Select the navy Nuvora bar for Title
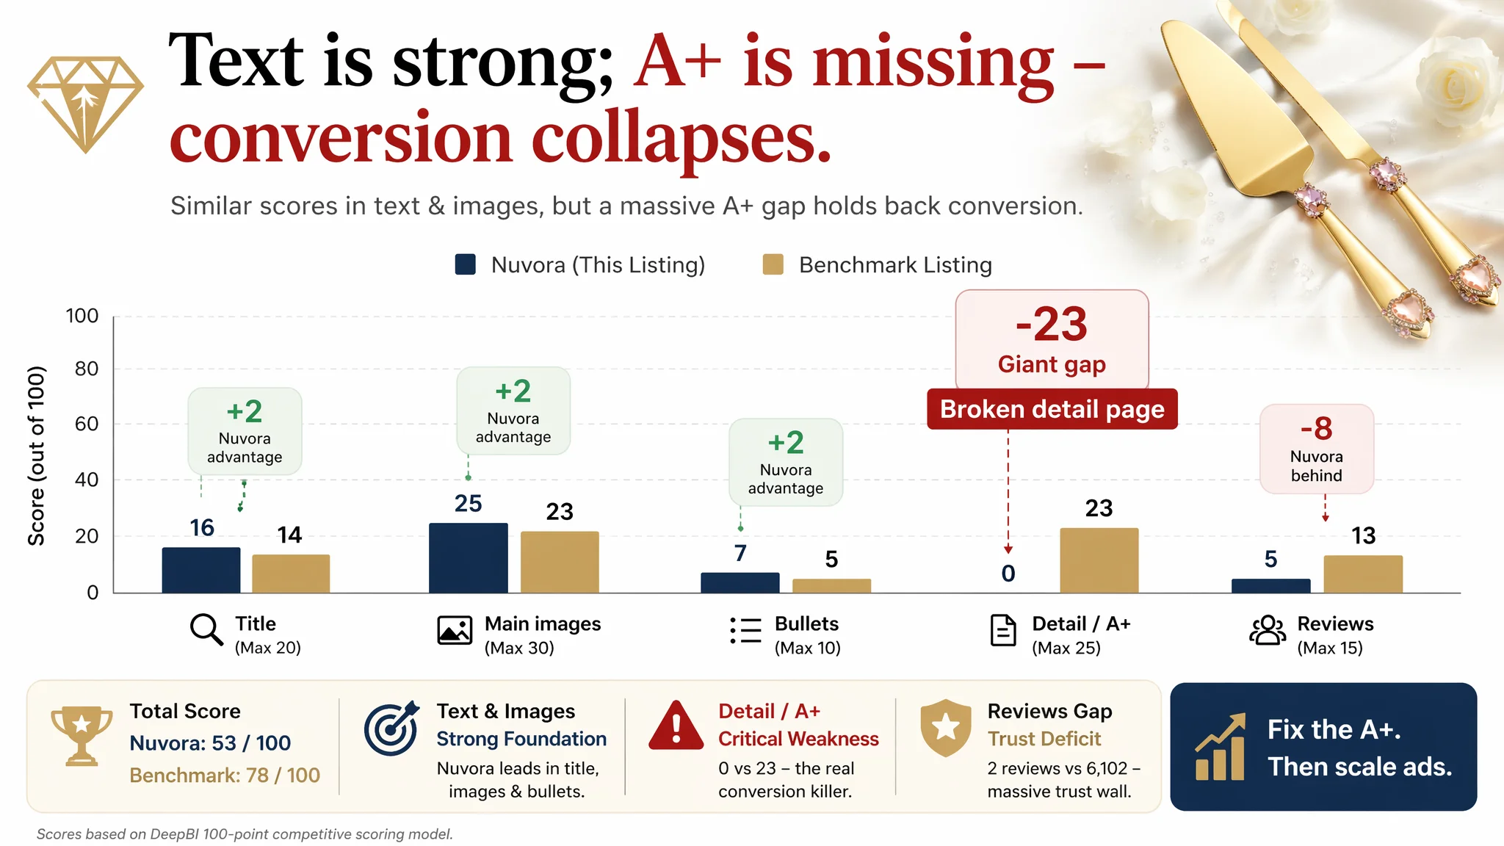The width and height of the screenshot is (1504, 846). tap(201, 570)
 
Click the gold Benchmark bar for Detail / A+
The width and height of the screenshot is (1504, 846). tap(1099, 560)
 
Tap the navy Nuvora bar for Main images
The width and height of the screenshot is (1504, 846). tap(469, 558)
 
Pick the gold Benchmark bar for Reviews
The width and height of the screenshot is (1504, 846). tap(1363, 574)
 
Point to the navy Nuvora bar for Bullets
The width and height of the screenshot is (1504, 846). tap(740, 583)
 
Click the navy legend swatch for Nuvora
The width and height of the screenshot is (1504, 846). tap(466, 264)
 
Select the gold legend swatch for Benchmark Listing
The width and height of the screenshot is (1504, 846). tap(773, 264)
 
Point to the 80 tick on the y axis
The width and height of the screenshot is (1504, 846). tap(87, 369)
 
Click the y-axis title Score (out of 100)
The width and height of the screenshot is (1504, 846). tap(36, 455)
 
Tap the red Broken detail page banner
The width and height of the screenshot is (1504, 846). tap(1052, 409)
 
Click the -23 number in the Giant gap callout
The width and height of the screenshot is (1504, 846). tap(1052, 324)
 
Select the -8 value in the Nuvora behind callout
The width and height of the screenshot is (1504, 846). tap(1317, 428)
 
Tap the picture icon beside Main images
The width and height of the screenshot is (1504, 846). tap(455, 630)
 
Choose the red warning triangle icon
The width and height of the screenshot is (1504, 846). tap(676, 726)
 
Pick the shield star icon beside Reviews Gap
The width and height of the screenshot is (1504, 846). tap(946, 728)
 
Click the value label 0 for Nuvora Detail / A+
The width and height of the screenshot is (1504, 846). tap(1008, 574)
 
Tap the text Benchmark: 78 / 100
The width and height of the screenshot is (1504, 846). tap(225, 775)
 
